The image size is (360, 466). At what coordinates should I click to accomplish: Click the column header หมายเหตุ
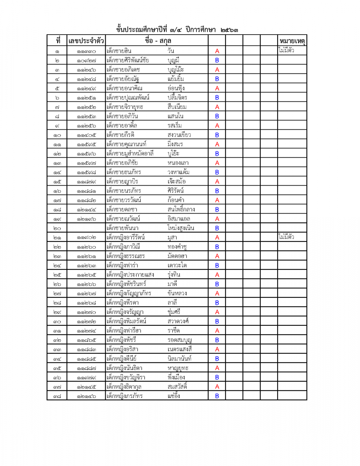point(292,41)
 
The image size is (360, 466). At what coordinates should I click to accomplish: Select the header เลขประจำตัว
point(86,41)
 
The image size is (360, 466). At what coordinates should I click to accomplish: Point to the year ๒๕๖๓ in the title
point(229,30)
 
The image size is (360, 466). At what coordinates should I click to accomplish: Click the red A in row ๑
point(217,51)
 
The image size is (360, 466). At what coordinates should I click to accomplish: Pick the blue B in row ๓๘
point(217,396)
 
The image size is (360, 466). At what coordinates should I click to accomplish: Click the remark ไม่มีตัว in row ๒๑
point(286,237)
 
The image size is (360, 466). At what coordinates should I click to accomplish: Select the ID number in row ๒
point(86,61)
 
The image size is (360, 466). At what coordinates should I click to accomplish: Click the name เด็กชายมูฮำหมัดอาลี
point(130,153)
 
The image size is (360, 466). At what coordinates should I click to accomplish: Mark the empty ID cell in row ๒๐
point(86,228)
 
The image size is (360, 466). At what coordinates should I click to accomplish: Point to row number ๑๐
point(57,135)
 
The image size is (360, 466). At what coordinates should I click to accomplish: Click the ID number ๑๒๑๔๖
point(86,396)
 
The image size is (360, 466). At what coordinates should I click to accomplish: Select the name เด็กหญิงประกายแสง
point(130,275)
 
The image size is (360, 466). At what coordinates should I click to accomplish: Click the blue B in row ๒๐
point(217,228)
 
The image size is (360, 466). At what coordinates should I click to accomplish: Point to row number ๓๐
point(57,322)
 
